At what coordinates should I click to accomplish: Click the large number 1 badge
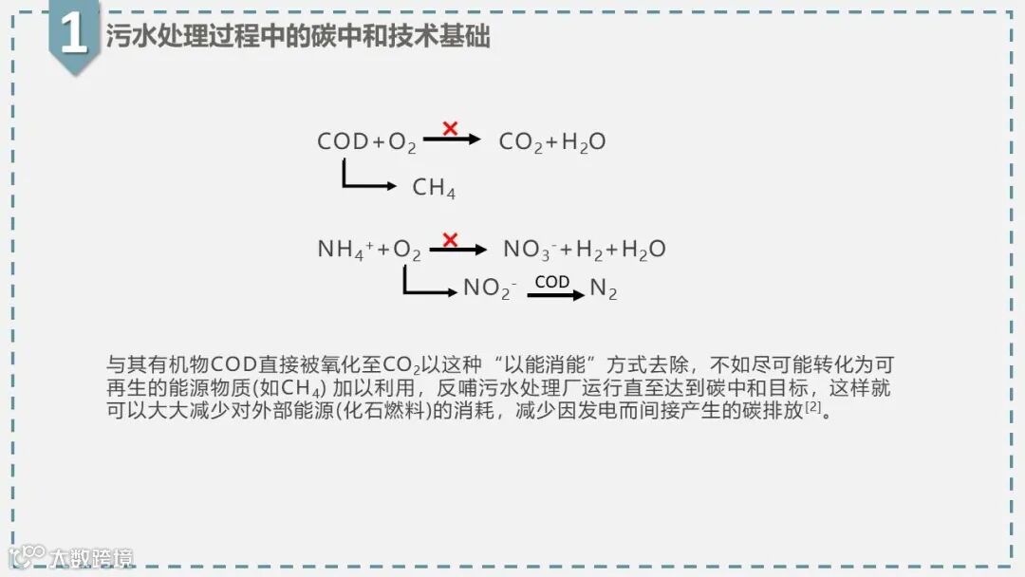73,36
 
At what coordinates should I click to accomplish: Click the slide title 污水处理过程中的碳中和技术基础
298,37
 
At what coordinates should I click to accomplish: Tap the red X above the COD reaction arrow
450,128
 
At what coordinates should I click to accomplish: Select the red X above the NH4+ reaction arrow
450,240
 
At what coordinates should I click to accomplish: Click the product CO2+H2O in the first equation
552,142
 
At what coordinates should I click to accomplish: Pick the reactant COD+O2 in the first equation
366,142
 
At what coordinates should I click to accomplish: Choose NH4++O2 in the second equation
369,250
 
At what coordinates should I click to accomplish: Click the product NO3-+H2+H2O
584,250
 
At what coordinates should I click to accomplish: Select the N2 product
604,289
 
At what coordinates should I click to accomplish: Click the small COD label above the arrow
552,282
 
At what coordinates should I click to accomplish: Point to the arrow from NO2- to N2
556,295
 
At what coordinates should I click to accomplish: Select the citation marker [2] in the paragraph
812,409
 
